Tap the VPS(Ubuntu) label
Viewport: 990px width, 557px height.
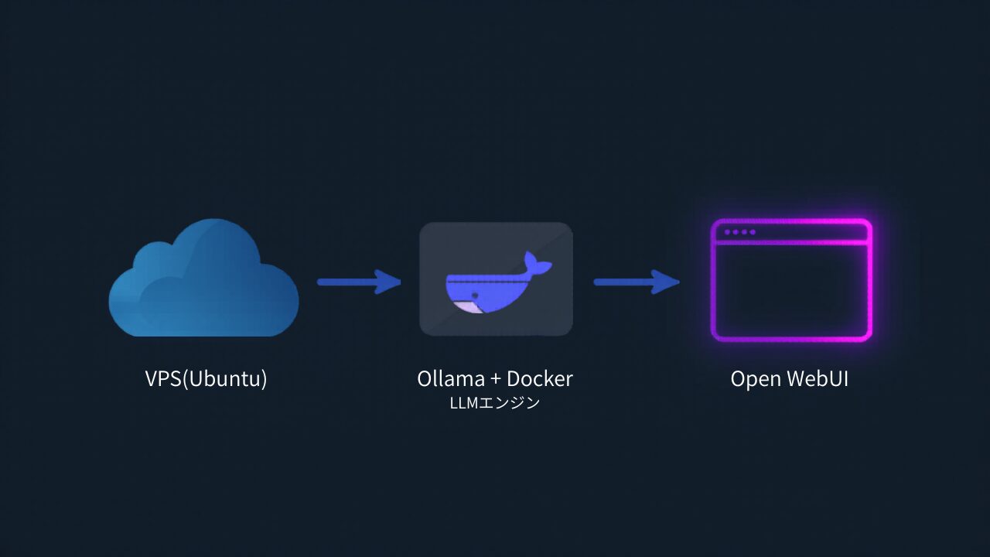tap(206, 378)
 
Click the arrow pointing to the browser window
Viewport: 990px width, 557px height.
tap(634, 282)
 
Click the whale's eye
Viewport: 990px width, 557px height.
tap(471, 295)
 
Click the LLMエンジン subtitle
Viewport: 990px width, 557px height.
tap(495, 403)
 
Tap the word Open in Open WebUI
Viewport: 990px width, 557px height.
tap(756, 379)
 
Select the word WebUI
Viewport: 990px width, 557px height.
tap(818, 378)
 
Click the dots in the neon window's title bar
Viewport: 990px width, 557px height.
tap(739, 232)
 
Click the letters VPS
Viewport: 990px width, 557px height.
tap(163, 378)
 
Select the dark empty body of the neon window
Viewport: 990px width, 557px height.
tap(791, 290)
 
